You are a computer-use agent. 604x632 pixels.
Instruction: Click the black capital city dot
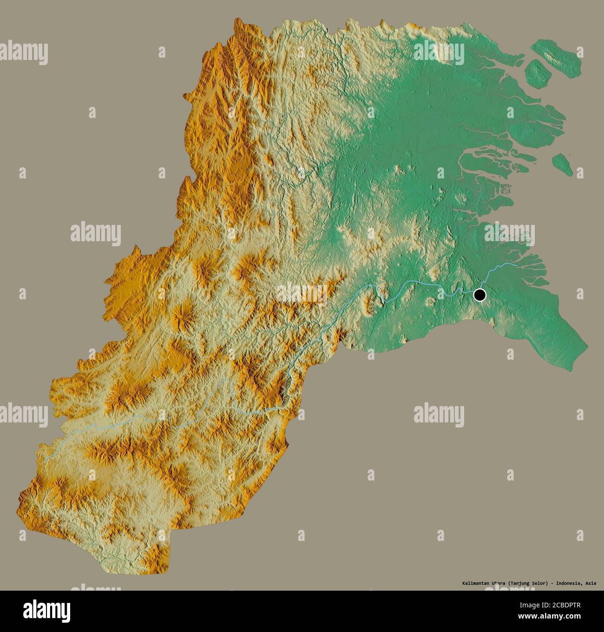point(479,295)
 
